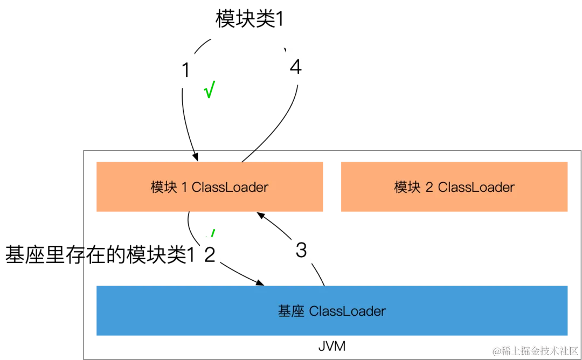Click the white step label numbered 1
[x=187, y=71]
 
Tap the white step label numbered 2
[x=210, y=254]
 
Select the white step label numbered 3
[x=301, y=250]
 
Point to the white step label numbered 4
[x=296, y=67]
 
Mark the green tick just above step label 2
[x=213, y=233]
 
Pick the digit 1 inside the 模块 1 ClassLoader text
[x=184, y=188]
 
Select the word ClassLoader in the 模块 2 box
[x=476, y=188]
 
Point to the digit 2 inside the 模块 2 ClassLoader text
[x=429, y=188]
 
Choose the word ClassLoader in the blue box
[x=348, y=311]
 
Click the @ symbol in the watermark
[x=495, y=350]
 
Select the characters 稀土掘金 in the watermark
[x=518, y=350]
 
